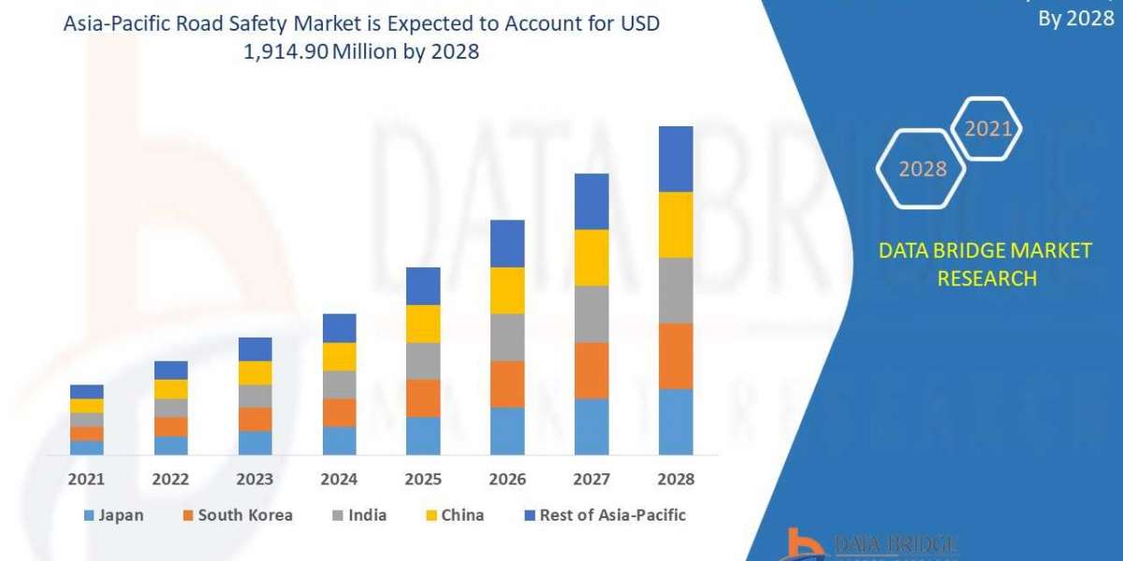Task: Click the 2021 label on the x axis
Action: pos(86,479)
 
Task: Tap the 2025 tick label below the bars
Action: pos(423,479)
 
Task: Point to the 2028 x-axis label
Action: pos(676,479)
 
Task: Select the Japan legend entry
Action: pos(113,515)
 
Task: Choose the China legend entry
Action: pos(457,515)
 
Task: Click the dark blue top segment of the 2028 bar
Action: pos(676,159)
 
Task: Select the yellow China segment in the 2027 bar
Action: pos(591,257)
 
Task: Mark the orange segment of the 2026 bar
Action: pos(507,384)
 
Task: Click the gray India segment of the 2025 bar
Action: pos(423,361)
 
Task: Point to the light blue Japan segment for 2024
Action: pos(339,440)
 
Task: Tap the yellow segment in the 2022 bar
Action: pos(170,389)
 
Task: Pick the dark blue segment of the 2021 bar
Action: pos(86,392)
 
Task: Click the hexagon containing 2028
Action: pos(922,169)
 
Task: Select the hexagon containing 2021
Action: pos(987,129)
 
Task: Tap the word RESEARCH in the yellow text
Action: pos(986,278)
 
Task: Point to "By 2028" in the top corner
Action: pos(1076,20)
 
